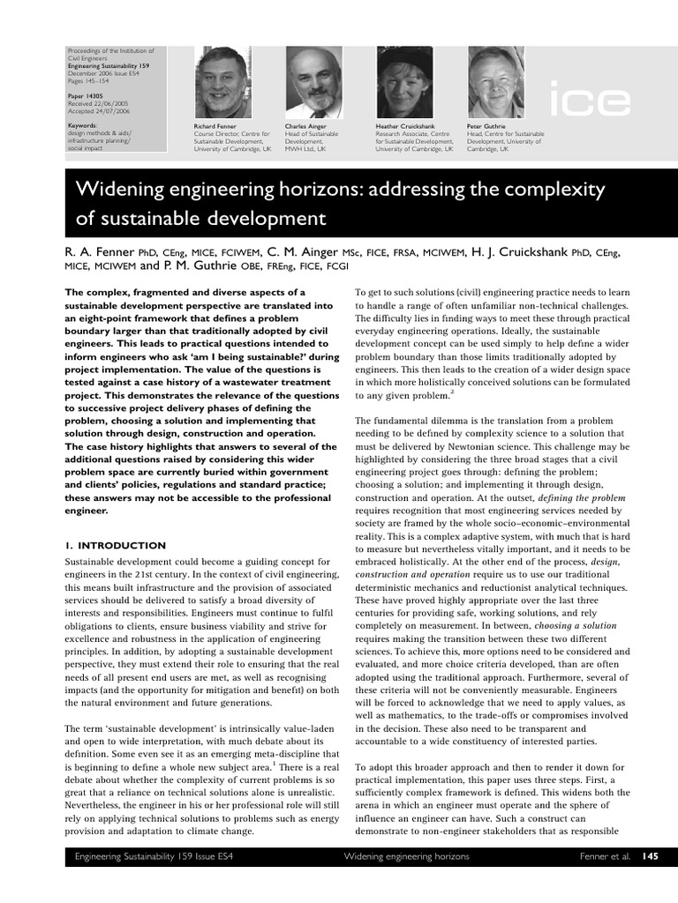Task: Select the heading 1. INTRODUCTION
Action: click(115, 546)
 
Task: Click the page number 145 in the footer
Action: click(650, 856)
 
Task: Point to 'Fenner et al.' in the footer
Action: click(606, 856)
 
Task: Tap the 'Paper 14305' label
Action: click(87, 93)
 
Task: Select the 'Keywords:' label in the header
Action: click(82, 125)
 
